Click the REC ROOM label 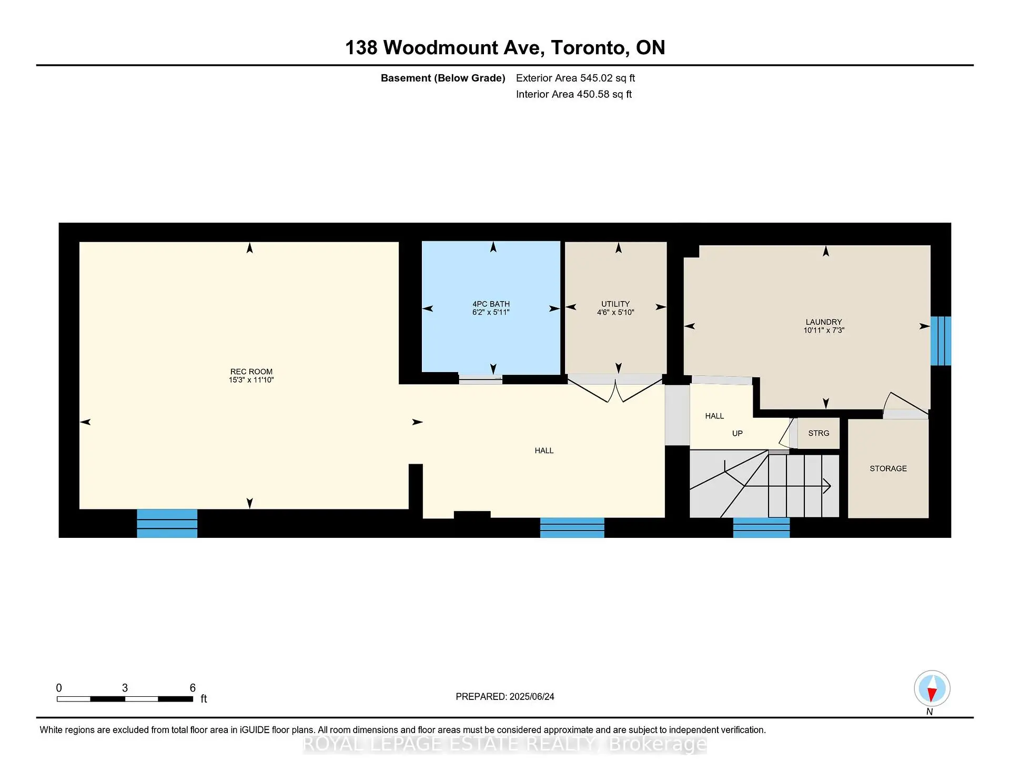251,372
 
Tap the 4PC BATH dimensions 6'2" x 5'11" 491,313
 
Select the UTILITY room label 615,304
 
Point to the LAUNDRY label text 823,322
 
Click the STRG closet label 819,433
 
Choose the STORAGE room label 888,468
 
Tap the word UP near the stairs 737,434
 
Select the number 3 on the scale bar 125,688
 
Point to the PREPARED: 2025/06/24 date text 504,697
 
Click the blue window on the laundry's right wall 941,341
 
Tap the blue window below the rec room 167,523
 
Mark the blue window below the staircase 761,527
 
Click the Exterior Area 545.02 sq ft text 575,78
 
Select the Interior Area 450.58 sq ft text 573,95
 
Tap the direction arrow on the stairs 826,486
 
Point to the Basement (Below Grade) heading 442,78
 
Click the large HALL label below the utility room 544,450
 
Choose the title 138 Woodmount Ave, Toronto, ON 504,48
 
